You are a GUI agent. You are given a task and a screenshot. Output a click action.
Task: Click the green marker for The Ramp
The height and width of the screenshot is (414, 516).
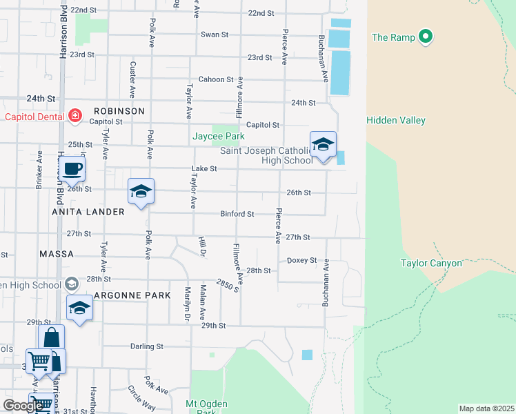[426, 37]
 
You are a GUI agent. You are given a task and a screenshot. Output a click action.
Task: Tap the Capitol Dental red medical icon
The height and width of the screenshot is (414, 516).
[74, 116]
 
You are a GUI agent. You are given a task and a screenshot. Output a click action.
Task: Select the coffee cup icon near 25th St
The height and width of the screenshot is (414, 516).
[71, 168]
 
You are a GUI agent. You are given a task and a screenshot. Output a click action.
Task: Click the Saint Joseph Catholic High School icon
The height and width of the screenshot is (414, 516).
[322, 145]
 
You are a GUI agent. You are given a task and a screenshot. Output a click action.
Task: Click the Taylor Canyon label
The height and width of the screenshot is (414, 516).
[431, 263]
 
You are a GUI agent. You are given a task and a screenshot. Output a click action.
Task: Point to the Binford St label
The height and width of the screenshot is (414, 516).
[237, 214]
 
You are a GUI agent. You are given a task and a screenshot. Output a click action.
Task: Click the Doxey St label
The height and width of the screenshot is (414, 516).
[301, 260]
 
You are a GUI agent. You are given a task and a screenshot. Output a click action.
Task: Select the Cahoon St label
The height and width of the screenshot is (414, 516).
[216, 79]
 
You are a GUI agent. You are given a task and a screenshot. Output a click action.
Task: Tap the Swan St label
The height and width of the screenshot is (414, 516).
[214, 34]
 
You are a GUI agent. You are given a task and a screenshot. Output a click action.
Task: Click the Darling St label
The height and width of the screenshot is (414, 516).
[146, 346]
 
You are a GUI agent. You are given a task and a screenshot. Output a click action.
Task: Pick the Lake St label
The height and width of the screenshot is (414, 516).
[204, 168]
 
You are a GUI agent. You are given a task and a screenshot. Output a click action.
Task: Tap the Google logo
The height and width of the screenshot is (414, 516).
[23, 406]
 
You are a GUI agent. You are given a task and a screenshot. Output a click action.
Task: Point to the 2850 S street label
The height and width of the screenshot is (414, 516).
[226, 284]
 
